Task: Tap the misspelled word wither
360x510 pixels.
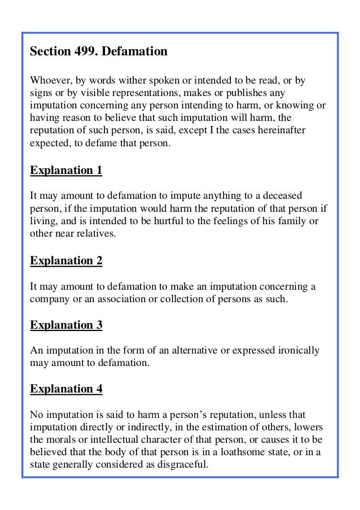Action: (123, 81)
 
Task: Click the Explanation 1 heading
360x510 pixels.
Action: (66, 170)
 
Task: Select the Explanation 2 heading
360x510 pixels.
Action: (66, 261)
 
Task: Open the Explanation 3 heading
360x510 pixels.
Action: (66, 325)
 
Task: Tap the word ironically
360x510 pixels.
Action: (297, 351)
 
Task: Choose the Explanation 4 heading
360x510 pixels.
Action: (66, 389)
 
